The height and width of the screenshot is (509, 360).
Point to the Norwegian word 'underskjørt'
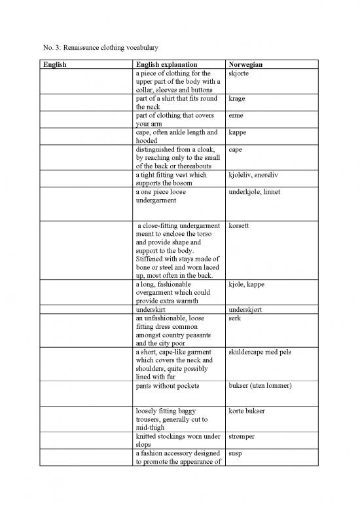(x=247, y=310)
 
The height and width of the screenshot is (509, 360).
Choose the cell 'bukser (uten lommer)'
(x=261, y=386)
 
